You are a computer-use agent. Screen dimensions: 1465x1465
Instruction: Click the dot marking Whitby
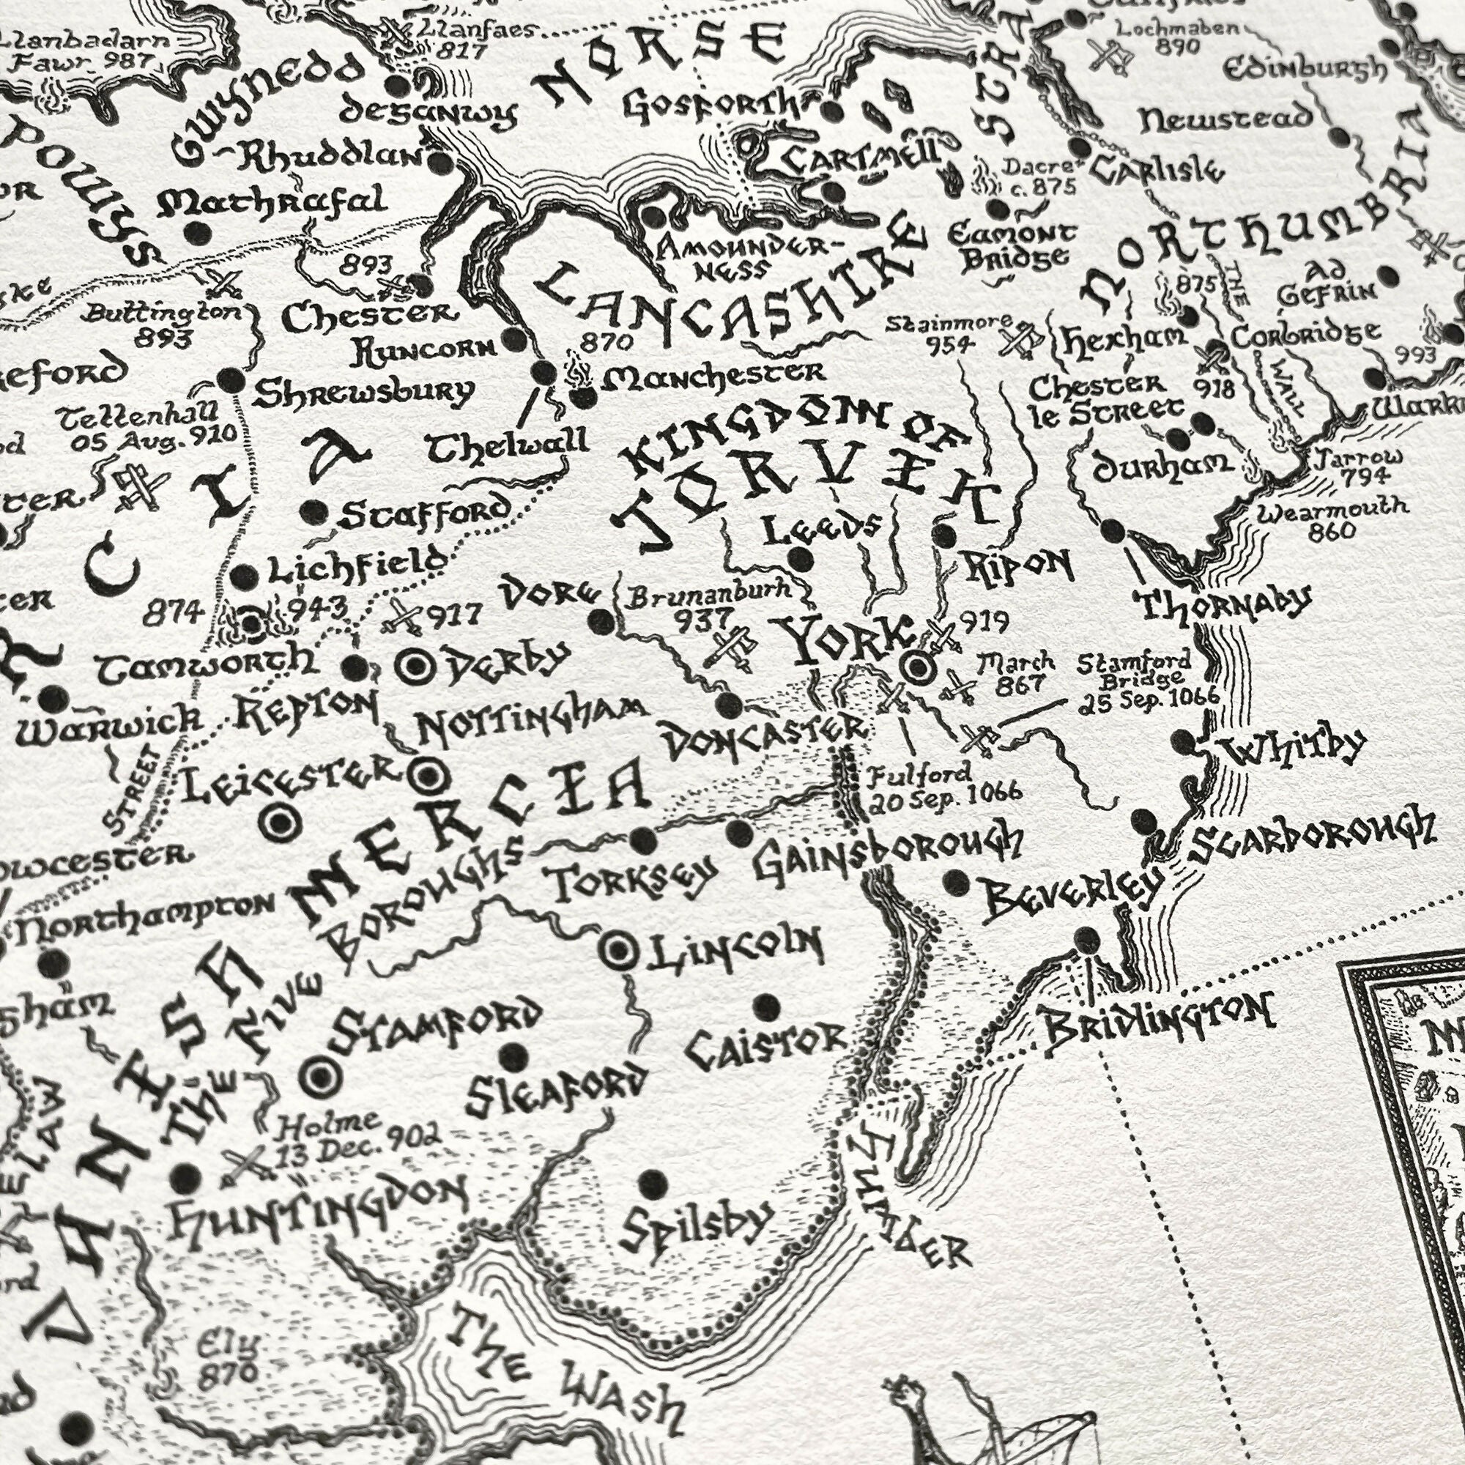[x=1182, y=742]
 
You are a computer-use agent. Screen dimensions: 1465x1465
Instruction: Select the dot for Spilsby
[x=651, y=1182]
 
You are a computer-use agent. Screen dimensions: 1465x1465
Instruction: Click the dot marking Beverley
[x=956, y=881]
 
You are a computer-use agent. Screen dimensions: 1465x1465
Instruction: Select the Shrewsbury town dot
[x=229, y=379]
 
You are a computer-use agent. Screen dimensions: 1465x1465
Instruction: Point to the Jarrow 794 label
[x=1360, y=467]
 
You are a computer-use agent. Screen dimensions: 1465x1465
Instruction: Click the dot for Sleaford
[x=515, y=1055]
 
